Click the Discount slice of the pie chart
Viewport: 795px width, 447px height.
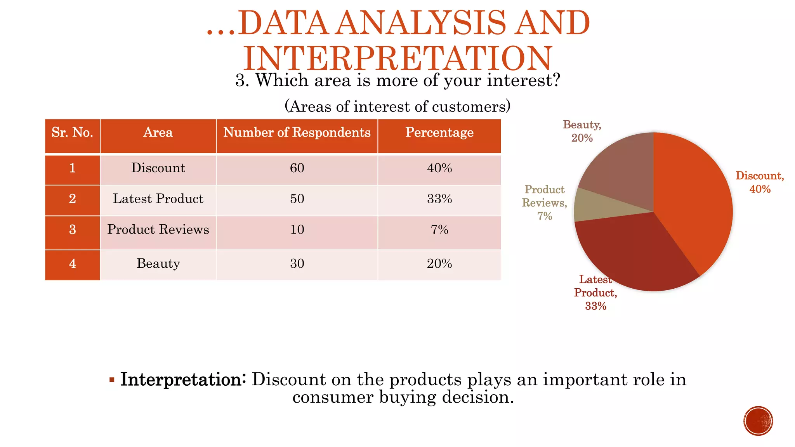[695, 202]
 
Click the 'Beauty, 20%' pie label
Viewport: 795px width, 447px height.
[582, 131]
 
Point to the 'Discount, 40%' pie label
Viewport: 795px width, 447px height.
[760, 182]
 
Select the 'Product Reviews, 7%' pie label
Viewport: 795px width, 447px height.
[544, 203]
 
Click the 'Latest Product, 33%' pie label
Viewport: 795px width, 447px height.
[595, 293]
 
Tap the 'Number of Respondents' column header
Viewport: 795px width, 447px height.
[297, 133]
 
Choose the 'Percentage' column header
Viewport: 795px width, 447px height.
[439, 133]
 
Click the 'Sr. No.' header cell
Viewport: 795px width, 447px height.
[72, 133]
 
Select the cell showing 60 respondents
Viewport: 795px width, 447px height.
[297, 168]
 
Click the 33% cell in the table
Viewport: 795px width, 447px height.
[439, 199]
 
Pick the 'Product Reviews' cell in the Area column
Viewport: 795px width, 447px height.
[158, 230]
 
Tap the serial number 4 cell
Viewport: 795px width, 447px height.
[72, 264]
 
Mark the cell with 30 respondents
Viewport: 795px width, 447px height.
[297, 264]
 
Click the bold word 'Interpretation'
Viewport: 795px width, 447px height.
[181, 379]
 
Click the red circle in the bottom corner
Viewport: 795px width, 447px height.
[758, 421]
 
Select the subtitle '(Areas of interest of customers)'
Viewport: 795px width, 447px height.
[397, 106]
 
